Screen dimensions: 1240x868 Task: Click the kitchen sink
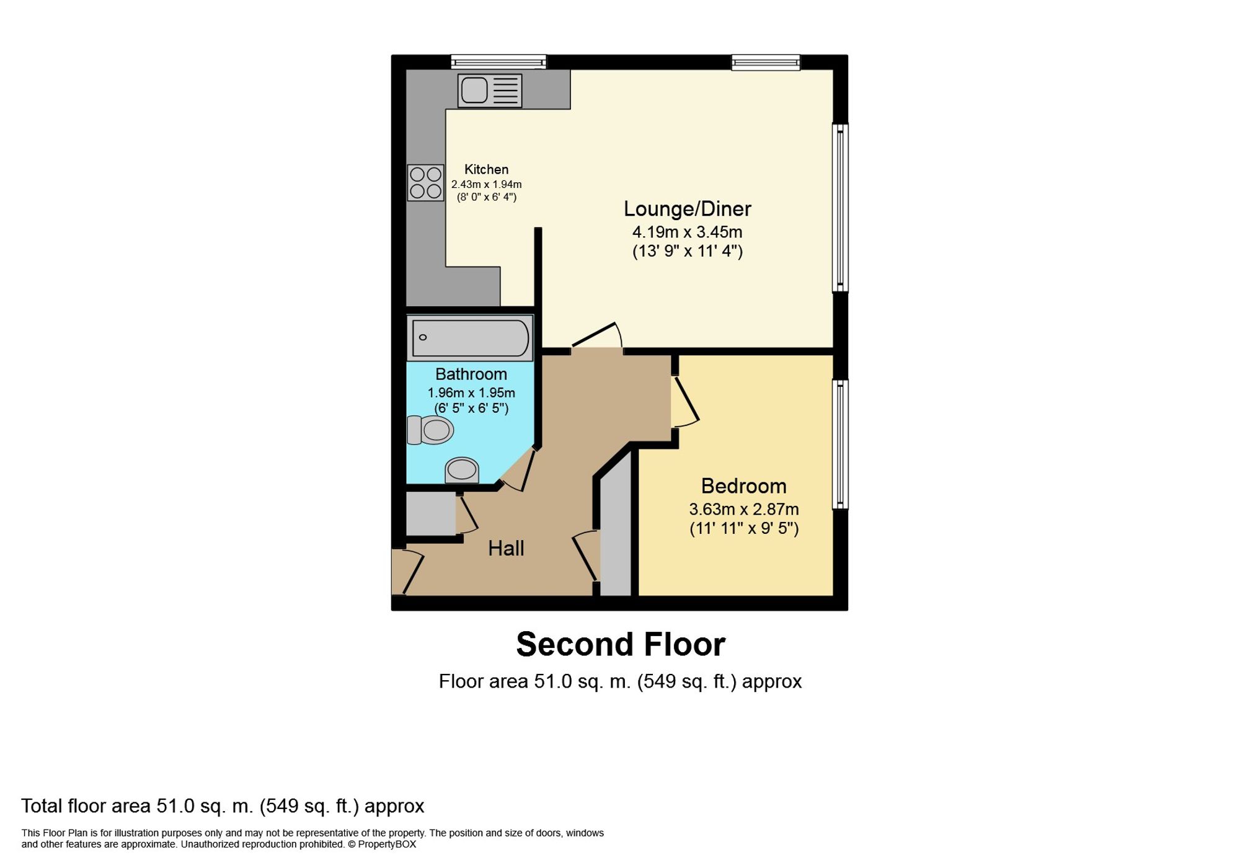(490, 91)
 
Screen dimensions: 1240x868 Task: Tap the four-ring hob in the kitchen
(426, 183)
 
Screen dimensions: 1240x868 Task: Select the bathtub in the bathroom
(470, 338)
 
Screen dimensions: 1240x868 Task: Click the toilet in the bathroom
(430, 430)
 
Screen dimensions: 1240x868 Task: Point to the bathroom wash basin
(462, 470)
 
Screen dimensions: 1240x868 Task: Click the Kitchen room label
(487, 169)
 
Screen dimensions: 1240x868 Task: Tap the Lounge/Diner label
(687, 209)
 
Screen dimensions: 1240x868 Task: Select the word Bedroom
(744, 486)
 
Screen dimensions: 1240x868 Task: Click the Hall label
(506, 548)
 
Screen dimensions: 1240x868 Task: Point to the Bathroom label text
(471, 374)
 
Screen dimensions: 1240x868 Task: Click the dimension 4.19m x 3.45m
(687, 232)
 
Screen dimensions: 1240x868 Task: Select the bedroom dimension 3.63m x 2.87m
(744, 509)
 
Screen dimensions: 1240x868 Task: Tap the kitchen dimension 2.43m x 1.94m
(487, 184)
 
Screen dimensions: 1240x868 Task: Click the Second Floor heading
(621, 644)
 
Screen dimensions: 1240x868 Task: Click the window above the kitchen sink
(498, 62)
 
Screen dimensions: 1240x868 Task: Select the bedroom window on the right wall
(840, 444)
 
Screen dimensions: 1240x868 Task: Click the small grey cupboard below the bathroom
(431, 514)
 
